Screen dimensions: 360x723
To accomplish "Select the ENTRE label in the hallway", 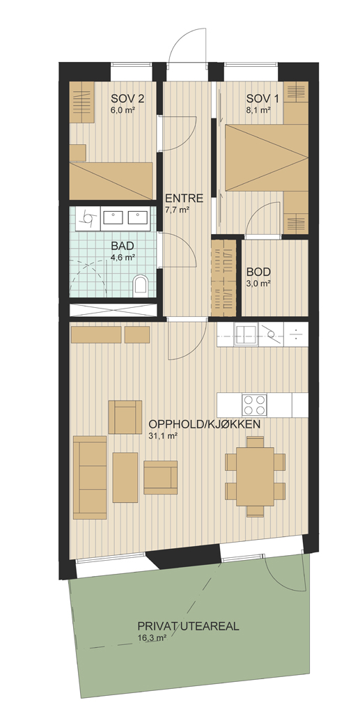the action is [185, 199].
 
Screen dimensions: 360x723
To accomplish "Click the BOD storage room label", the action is [258, 272].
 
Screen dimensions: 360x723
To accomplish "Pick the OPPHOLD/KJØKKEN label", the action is [204, 424].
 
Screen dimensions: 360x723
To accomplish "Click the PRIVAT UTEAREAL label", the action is [188, 626].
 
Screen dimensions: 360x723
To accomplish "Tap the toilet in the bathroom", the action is [141, 285].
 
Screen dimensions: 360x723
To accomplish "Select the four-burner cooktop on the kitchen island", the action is [254, 405].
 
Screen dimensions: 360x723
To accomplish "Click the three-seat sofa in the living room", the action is [90, 477].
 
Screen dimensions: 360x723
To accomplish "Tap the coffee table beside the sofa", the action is [125, 477].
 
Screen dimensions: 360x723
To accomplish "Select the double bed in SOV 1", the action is [267, 157].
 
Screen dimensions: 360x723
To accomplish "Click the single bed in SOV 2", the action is [111, 181].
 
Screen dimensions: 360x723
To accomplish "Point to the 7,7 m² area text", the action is [178, 210].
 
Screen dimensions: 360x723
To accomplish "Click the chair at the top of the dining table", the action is [255, 442].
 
